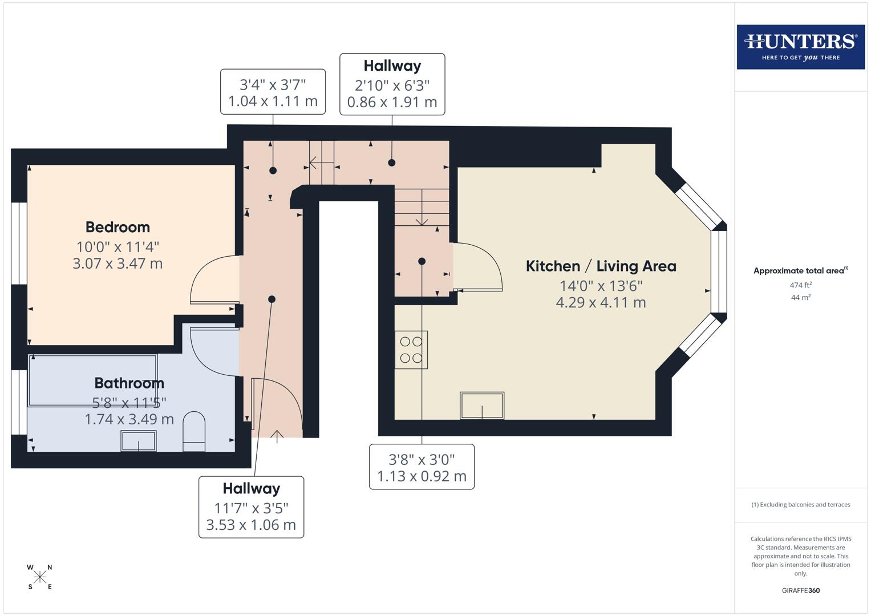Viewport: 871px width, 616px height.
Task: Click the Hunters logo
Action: (x=800, y=47)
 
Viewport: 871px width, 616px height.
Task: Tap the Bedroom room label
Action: (x=118, y=227)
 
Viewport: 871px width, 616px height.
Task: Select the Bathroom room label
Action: (x=129, y=383)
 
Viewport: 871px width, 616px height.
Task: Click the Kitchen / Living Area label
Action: (x=601, y=266)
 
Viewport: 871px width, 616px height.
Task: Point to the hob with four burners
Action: (x=411, y=350)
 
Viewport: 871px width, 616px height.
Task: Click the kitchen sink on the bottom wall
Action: (x=482, y=406)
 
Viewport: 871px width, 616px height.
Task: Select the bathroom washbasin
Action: (x=138, y=441)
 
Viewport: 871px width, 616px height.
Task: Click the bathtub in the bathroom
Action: (x=92, y=380)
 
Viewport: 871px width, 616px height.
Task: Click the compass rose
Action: (x=40, y=577)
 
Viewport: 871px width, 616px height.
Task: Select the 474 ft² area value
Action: (x=801, y=285)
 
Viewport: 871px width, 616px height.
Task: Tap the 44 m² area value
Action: (x=801, y=297)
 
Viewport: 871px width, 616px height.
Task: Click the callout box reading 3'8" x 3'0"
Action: (x=422, y=467)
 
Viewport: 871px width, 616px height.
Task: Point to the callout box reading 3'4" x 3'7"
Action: (x=273, y=92)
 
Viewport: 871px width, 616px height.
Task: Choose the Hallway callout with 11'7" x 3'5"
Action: (x=251, y=507)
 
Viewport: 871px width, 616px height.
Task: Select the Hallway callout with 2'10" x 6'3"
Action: (x=392, y=84)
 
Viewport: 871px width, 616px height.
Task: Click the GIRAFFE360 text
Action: (x=801, y=590)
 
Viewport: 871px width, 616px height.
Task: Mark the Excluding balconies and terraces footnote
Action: (x=801, y=505)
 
